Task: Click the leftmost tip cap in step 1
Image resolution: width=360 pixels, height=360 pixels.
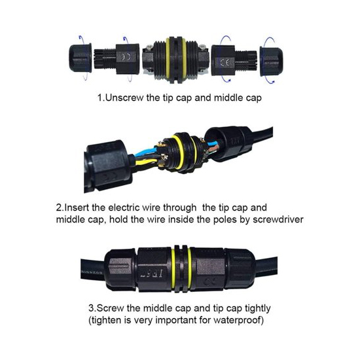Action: point(81,58)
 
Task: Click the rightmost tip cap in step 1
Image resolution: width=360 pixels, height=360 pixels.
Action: point(272,61)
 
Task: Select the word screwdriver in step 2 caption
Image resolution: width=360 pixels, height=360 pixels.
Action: point(278,219)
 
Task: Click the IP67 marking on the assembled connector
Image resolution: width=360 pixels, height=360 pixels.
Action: point(152,274)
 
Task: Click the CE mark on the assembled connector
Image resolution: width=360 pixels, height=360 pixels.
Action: point(209,281)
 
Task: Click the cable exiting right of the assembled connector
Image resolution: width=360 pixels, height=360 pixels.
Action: point(266,267)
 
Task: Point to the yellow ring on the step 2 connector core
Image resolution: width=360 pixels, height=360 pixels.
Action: point(177,152)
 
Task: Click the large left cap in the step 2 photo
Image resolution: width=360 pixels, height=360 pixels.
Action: point(107,166)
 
